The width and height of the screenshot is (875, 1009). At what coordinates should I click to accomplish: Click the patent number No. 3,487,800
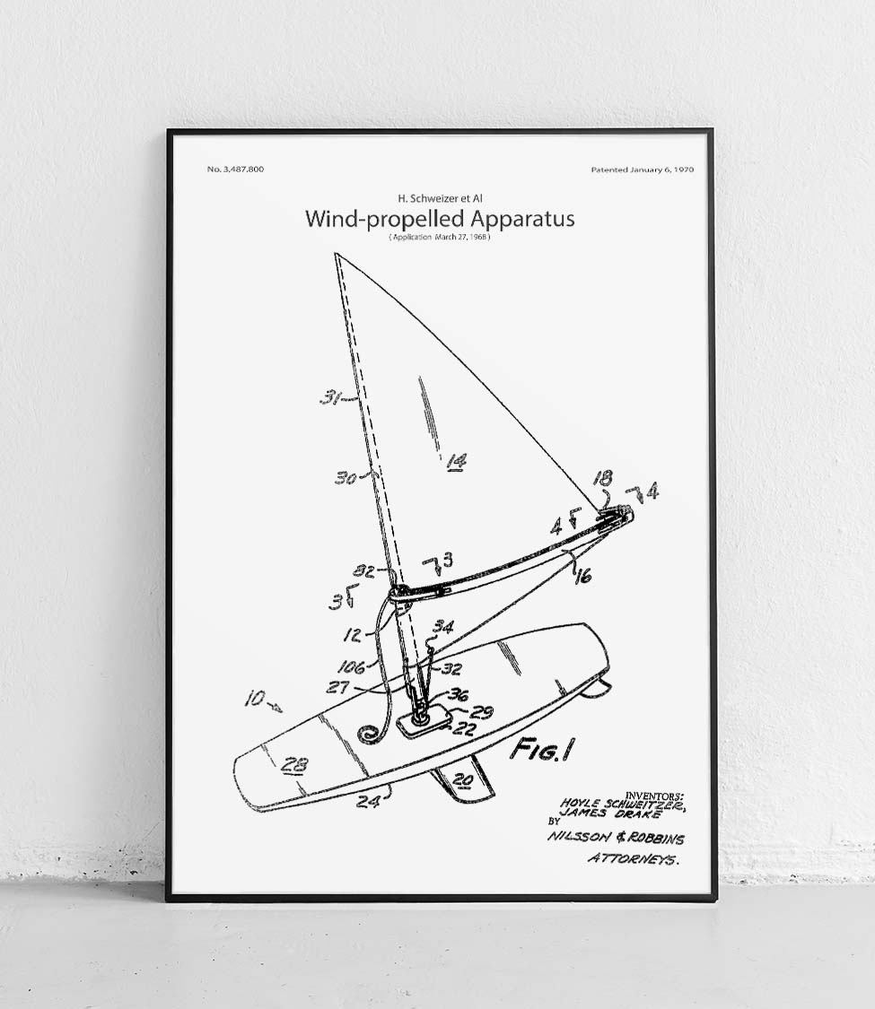(235, 170)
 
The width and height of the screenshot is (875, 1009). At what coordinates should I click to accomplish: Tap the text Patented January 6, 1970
(642, 170)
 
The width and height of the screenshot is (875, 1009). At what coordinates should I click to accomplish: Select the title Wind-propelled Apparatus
(440, 219)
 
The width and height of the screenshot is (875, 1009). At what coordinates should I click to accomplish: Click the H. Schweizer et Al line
(440, 197)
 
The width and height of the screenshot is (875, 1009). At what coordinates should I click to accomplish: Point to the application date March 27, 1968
(440, 237)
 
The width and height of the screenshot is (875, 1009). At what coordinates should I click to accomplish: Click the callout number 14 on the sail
(456, 461)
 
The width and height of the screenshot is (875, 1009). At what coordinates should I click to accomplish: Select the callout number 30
(346, 478)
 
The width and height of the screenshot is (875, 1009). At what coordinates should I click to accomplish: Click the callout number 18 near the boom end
(602, 478)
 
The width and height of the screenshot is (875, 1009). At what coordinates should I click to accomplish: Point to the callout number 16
(582, 575)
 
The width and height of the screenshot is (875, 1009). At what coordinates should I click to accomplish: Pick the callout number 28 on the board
(293, 765)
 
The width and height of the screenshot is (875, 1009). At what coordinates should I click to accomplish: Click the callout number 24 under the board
(368, 801)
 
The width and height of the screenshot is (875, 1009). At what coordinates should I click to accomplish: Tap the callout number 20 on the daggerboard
(461, 780)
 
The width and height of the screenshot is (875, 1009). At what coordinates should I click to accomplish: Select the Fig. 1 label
(542, 748)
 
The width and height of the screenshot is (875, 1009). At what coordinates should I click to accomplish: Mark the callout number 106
(351, 667)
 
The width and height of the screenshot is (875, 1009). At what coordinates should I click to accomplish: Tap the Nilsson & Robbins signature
(615, 838)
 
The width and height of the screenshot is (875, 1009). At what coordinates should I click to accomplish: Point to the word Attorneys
(633, 859)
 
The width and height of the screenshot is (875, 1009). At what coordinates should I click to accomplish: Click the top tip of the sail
(335, 255)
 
